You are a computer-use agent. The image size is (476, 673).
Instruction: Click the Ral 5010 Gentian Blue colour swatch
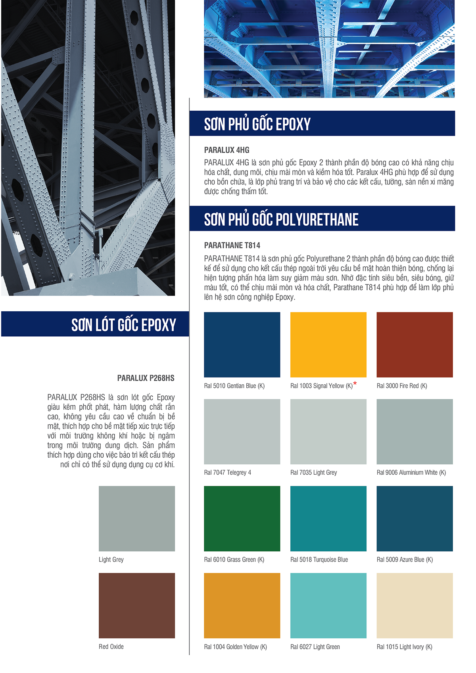[x=242, y=344]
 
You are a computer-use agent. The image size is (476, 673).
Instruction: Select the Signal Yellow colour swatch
[x=328, y=344]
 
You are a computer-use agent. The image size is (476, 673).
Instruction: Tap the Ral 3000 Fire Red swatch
[x=415, y=344]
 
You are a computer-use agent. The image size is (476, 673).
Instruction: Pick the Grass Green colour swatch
[x=242, y=518]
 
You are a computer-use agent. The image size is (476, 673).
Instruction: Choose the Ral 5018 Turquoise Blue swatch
[x=328, y=518]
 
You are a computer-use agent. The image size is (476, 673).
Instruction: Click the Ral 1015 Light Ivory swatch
[x=415, y=605]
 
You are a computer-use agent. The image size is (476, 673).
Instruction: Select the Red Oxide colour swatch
[x=137, y=605]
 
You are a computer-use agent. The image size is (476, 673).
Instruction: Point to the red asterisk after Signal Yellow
[x=355, y=383]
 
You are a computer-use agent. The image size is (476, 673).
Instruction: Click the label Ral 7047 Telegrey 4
[x=227, y=472]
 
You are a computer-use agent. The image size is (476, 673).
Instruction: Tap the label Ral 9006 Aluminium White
[x=411, y=472]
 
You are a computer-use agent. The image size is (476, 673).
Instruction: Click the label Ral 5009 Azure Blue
[x=405, y=560]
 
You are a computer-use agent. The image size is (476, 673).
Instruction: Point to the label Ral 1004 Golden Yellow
[x=235, y=647]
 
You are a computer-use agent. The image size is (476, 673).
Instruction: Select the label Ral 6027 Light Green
[x=315, y=647]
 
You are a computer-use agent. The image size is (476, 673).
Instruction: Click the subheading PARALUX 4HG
[x=226, y=150]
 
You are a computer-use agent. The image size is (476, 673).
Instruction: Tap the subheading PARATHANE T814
[x=232, y=245]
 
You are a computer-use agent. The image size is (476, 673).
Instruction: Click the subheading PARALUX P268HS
[x=146, y=378]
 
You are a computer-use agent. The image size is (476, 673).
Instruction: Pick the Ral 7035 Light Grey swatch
[x=328, y=431]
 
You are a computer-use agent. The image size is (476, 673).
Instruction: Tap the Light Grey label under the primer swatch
[x=111, y=560]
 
